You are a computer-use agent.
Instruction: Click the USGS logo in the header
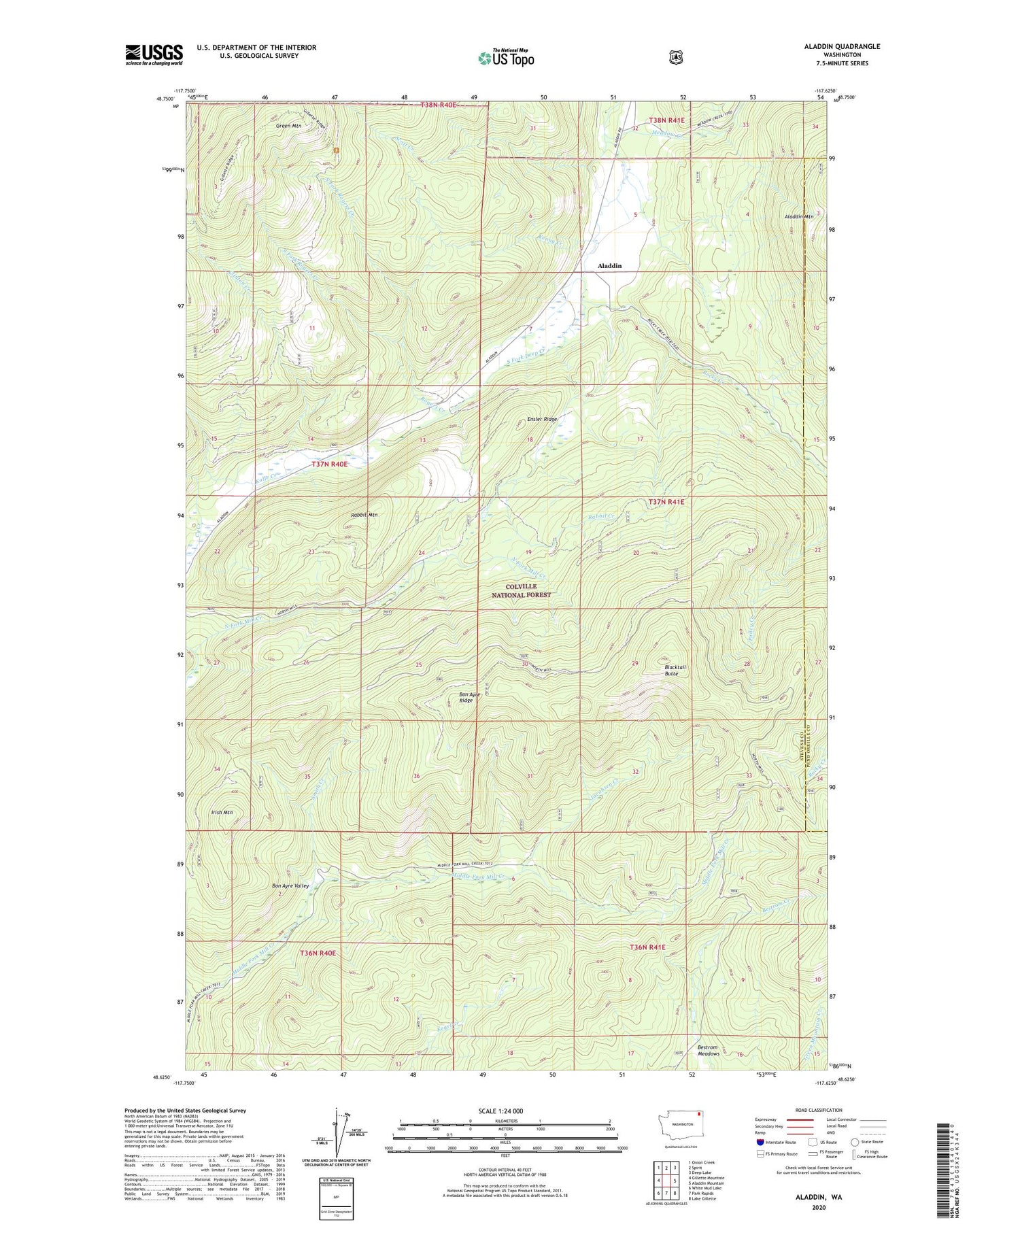tap(154, 54)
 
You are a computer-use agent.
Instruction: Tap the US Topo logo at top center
tap(506, 58)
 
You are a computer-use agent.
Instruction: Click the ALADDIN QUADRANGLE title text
tap(841, 46)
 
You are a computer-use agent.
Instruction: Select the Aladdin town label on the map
tap(609, 266)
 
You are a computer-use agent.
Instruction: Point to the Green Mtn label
tap(288, 126)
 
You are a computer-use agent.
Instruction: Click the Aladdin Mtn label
tap(798, 216)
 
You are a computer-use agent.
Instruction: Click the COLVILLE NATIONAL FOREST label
tap(521, 590)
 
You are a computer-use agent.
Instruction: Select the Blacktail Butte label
tap(675, 670)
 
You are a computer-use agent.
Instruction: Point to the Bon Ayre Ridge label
tap(466, 697)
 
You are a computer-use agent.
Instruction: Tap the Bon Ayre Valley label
tap(290, 885)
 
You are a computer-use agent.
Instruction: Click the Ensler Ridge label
tap(541, 419)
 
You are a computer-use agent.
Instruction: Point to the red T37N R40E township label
tap(330, 464)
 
